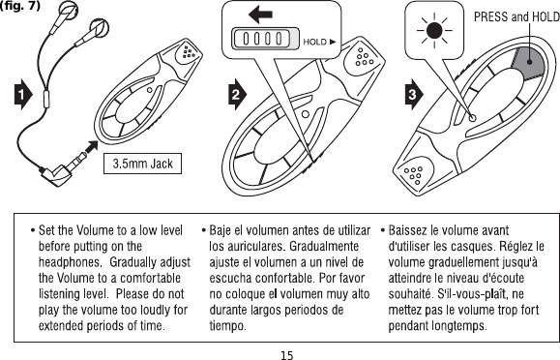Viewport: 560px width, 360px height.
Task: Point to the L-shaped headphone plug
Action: click(x=52, y=173)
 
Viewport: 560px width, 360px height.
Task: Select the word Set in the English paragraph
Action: click(x=48, y=230)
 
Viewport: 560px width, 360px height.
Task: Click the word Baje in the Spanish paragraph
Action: click(x=224, y=230)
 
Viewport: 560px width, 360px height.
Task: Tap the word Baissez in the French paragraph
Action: click(x=409, y=230)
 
